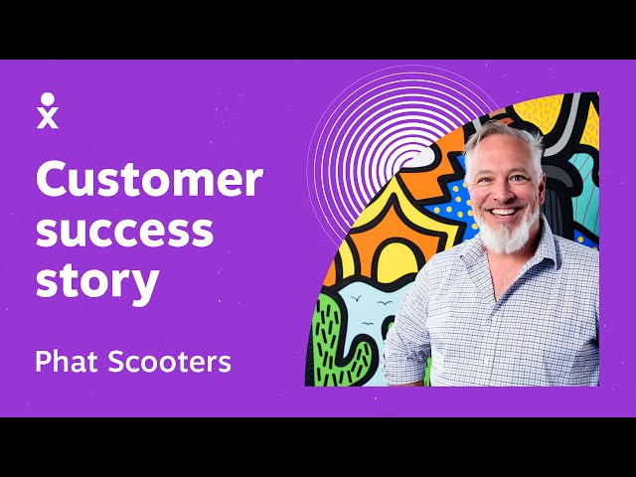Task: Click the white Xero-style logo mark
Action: point(47,110)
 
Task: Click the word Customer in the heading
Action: point(149,181)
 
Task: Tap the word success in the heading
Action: point(124,232)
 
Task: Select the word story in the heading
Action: point(96,281)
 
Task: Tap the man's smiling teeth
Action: point(504,212)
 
